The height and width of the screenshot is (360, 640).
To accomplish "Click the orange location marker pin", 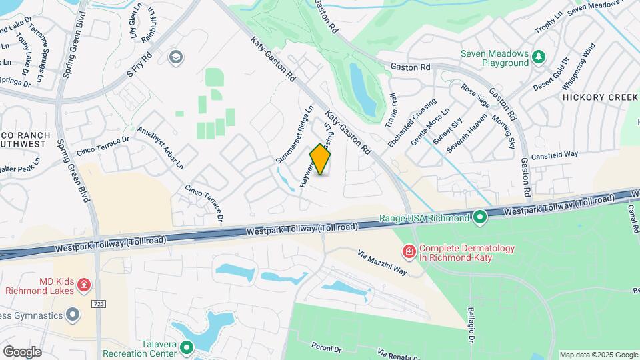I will point(321,160).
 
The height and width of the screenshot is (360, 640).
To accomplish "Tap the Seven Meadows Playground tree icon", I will point(538,59).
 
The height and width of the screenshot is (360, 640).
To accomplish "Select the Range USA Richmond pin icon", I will point(479,217).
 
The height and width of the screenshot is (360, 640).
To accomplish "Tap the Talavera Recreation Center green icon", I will point(187,347).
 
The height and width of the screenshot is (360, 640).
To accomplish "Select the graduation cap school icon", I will point(176,56).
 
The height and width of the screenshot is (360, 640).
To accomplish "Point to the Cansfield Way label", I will point(555,155).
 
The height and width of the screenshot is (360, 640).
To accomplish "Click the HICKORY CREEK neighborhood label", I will point(599,97).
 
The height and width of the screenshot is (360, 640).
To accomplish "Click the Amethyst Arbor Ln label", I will point(160,147).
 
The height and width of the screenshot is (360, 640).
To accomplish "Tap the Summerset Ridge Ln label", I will point(294,135).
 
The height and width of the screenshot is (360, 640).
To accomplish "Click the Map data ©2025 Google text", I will point(599,355).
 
